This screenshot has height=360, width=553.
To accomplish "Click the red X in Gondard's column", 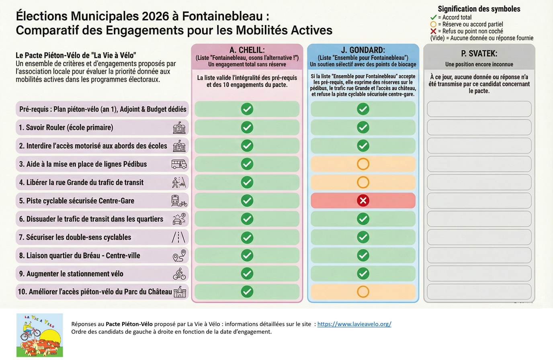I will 363,200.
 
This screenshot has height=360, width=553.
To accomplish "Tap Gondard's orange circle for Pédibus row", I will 363,164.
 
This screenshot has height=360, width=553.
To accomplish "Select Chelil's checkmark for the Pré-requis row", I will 247,109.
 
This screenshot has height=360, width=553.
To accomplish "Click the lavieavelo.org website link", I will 354,324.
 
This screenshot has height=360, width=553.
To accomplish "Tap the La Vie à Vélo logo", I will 40,335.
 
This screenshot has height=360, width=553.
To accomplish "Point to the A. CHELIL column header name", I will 247,50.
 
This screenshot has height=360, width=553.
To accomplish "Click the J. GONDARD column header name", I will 363,50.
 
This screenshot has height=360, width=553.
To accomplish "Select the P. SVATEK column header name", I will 479,53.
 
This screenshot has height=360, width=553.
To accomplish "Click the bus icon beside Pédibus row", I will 179,164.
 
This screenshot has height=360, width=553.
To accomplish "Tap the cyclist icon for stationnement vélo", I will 179,274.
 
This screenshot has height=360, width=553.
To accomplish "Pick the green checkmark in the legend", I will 433,17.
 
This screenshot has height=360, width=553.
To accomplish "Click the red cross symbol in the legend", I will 433,31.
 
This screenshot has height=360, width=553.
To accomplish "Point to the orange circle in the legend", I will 433,24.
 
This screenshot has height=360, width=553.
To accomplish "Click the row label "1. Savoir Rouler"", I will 66,127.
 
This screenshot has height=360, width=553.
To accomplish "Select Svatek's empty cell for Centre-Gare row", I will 479,200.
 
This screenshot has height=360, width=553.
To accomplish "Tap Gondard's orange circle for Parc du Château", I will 363,292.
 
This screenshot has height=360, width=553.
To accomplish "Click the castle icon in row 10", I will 180,292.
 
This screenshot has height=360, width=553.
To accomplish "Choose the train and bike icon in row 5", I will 179,200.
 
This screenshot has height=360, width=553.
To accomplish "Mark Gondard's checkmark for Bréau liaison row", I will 363,256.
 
